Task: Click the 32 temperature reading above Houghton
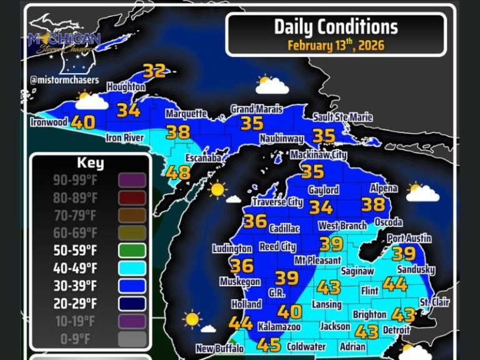pos(154,71)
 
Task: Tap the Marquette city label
pos(186,114)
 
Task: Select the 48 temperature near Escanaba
pos(179,172)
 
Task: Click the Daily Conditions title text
pos(336,27)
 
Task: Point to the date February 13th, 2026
pos(336,46)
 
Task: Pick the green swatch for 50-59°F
pos(132,251)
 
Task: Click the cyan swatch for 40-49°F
pos(132,268)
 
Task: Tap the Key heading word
pos(90,164)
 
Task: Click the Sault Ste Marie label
pos(342,117)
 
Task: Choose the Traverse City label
pos(277,202)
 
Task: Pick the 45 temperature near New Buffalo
pos(269,344)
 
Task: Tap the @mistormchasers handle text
pos(64,80)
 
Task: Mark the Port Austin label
pos(409,239)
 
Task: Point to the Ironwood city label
pos(48,122)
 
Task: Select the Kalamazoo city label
pos(279,327)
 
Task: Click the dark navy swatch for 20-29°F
pos(132,304)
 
